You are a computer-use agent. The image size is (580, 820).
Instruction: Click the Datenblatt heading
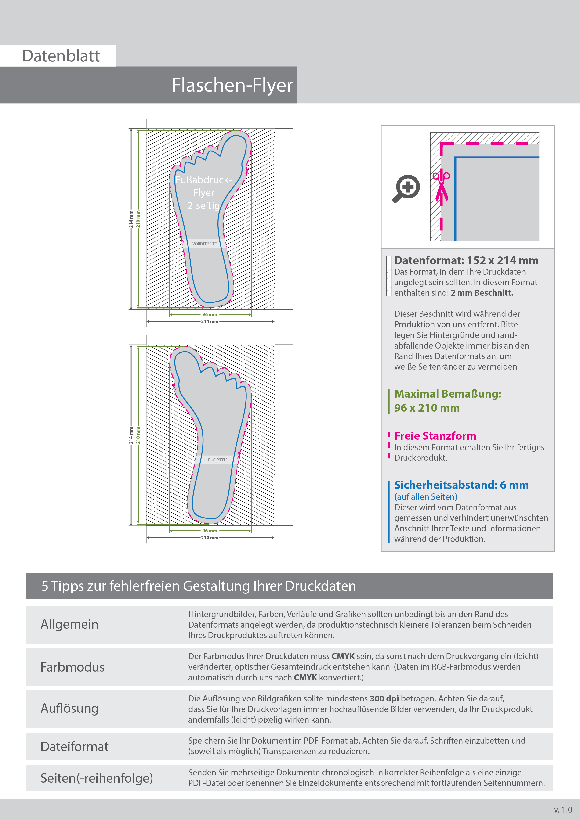61,56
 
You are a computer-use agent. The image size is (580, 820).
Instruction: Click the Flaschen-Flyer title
232,85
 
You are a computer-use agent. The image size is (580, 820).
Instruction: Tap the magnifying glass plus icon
406,188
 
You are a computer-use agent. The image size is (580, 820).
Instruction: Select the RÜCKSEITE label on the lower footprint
218,460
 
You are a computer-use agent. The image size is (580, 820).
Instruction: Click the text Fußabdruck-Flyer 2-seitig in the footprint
204,193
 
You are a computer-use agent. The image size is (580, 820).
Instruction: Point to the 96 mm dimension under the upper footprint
209,315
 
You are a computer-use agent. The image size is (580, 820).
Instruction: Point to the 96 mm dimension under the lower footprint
209,531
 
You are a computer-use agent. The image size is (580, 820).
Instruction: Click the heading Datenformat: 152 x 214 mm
466,260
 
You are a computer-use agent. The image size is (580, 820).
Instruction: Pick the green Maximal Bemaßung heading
447,394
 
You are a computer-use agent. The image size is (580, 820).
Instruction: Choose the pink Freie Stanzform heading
435,436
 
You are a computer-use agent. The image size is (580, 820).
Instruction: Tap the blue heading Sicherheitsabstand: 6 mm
461,485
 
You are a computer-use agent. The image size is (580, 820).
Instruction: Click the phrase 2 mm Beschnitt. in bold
482,293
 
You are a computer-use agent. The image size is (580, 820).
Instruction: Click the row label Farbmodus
72,667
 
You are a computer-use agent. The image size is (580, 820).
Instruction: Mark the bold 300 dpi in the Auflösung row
384,699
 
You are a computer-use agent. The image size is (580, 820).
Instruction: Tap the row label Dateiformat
74,746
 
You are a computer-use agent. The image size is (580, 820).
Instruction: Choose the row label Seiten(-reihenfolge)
97,778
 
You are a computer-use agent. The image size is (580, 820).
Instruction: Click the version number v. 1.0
563,810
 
